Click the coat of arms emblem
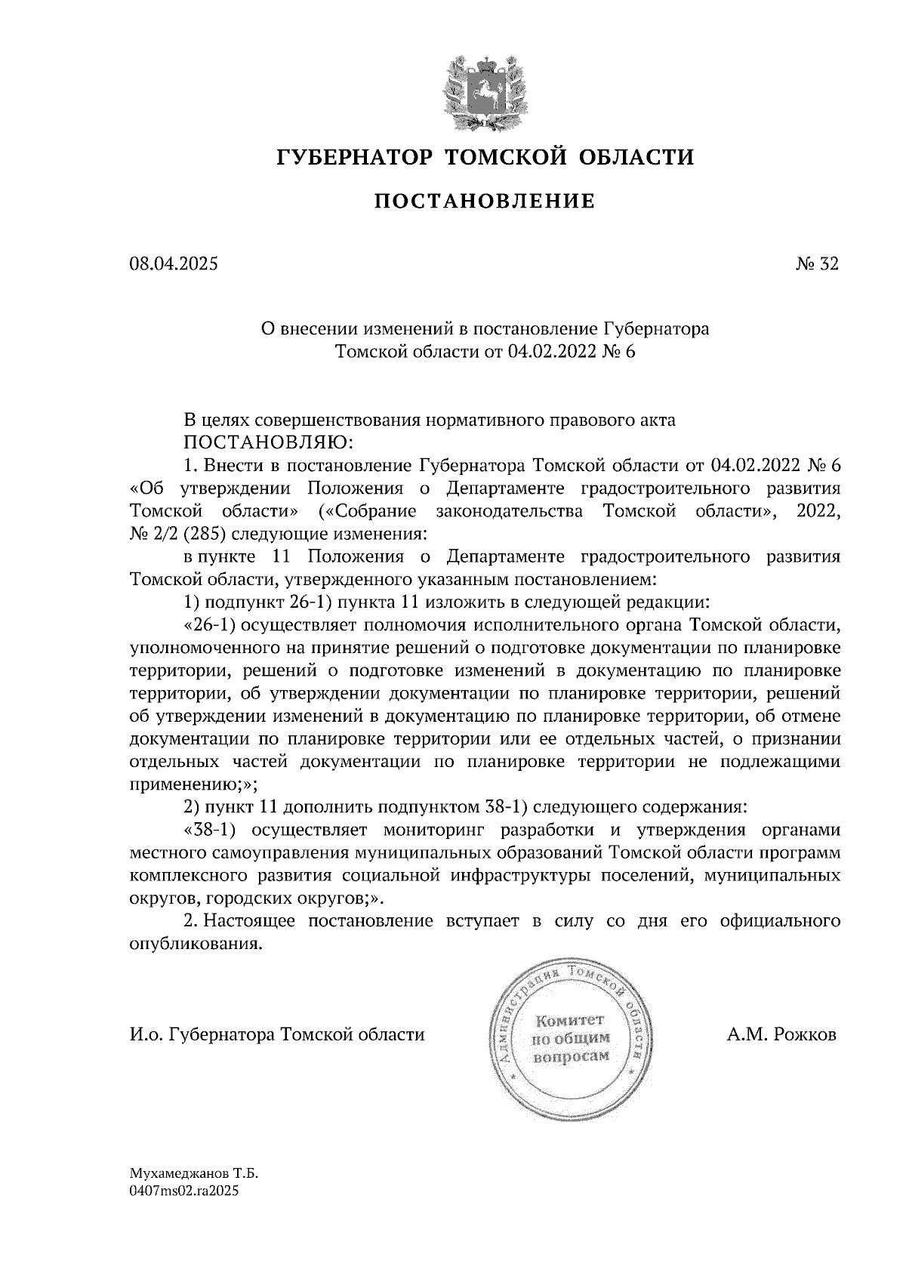click(484, 91)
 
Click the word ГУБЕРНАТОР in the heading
click(355, 157)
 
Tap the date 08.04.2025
click(173, 264)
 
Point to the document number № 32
click(816, 264)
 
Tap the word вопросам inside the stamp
click(571, 1058)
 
